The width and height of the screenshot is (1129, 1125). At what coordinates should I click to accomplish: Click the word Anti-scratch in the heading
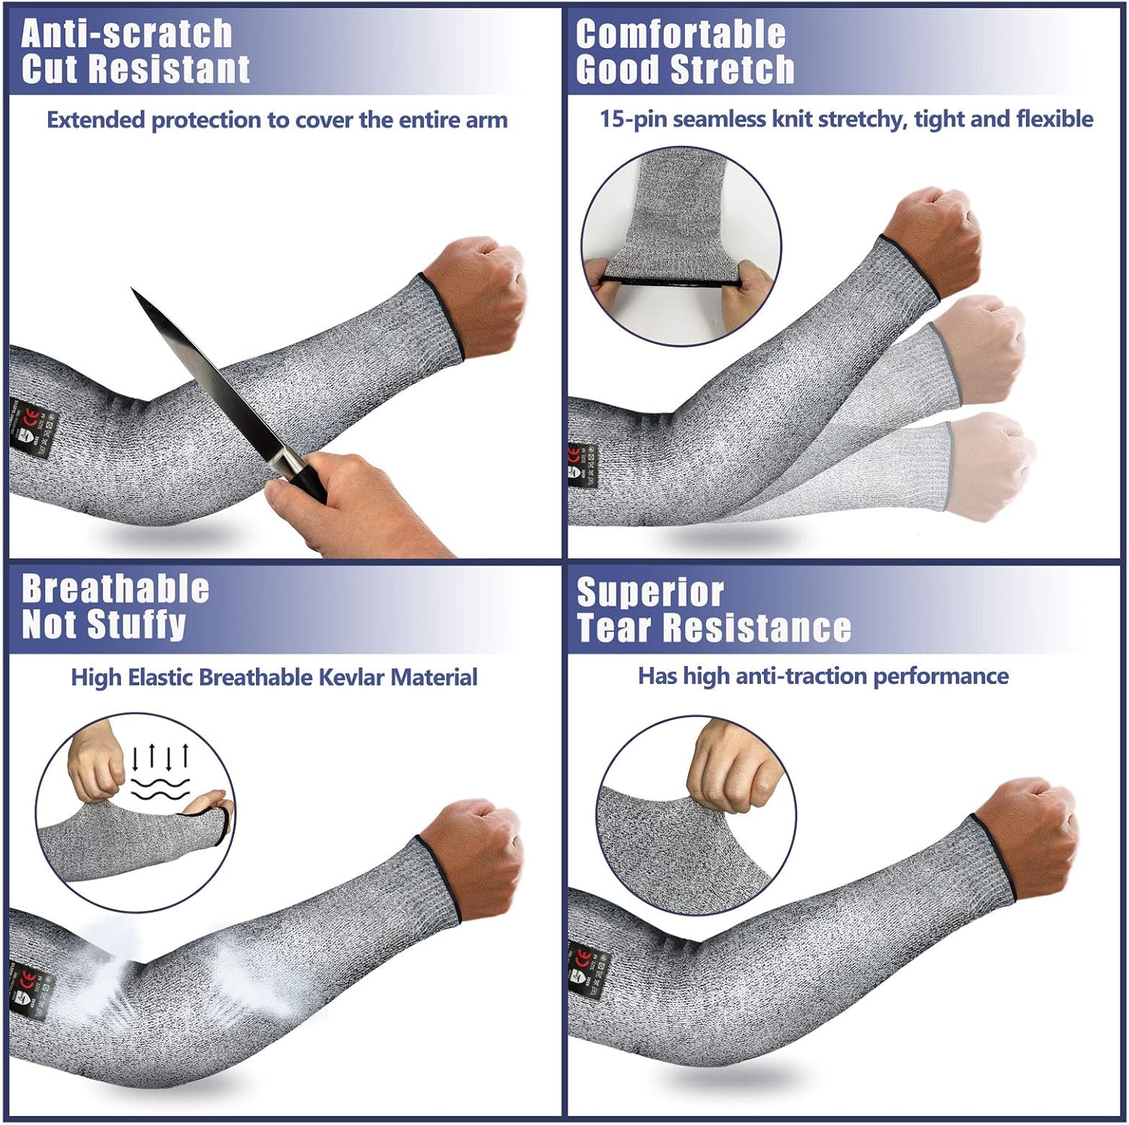click(126, 34)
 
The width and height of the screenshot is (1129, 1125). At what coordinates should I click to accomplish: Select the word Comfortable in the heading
click(680, 35)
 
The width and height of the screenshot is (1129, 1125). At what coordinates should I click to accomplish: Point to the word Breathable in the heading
click(115, 588)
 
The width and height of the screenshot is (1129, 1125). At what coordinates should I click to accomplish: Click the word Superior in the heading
click(650, 592)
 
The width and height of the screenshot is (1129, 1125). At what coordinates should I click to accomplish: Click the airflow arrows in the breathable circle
click(160, 756)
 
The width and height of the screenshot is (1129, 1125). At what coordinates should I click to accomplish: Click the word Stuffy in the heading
click(137, 625)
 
